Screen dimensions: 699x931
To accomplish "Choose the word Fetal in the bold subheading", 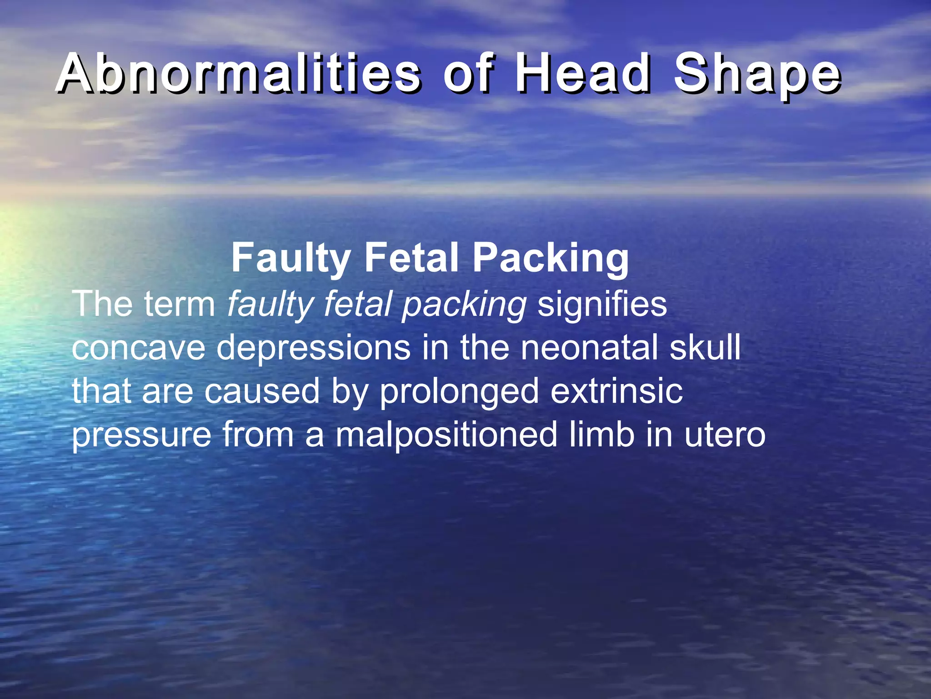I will tap(411, 258).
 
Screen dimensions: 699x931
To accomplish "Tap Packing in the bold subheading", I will tap(551, 258).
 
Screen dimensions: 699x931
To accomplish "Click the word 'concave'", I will tap(138, 348).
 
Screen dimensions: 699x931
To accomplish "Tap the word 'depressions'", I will tap(313, 348).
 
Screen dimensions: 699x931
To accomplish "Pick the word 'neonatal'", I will tap(589, 348).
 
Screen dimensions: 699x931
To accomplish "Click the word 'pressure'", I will tap(141, 435).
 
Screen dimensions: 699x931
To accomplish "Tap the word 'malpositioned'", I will tap(446, 435).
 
